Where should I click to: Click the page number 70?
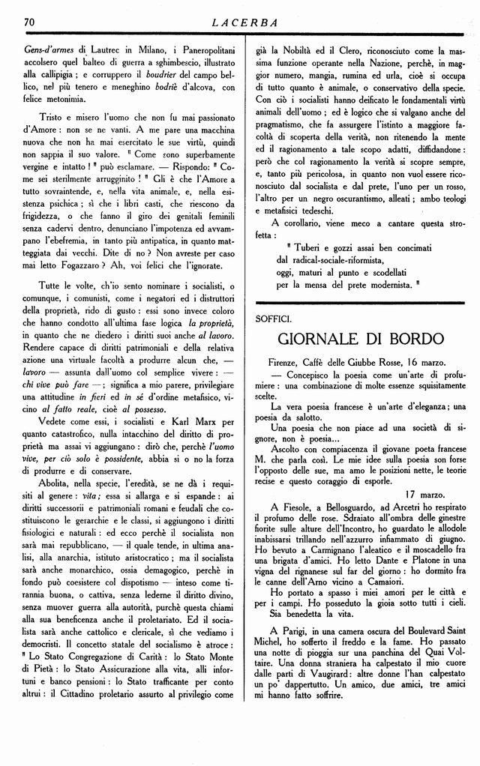[31, 22]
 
